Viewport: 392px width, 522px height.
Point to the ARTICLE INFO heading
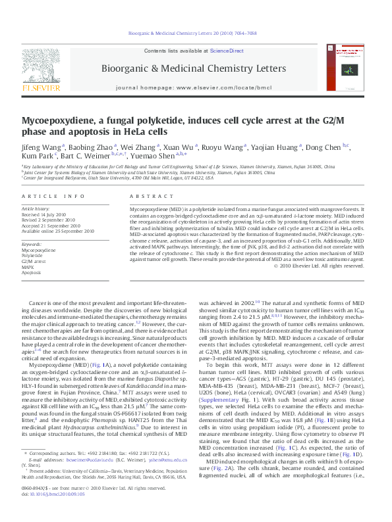point(53,197)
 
